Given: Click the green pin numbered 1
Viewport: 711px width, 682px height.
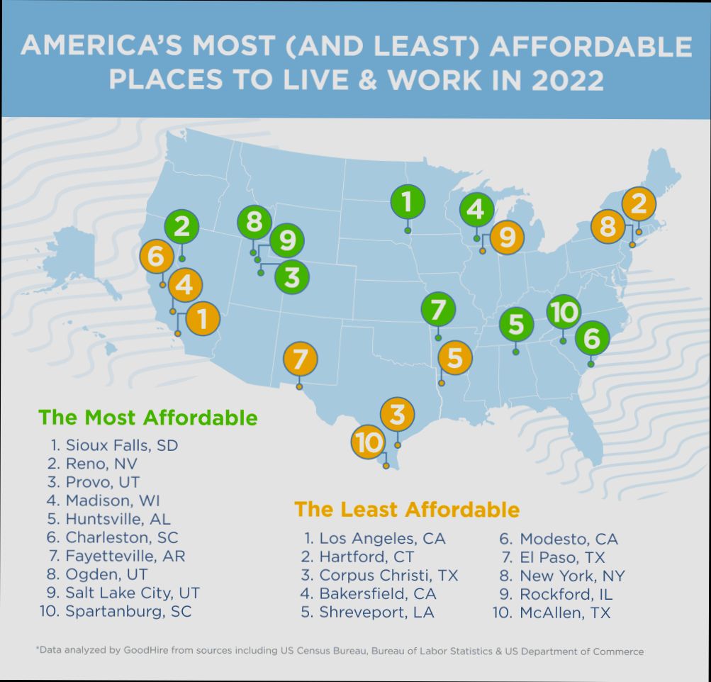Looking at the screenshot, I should coord(407,202).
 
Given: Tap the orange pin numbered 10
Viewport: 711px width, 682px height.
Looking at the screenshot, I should coord(369,444).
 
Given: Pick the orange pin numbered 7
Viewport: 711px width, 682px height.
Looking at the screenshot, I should coord(300,359).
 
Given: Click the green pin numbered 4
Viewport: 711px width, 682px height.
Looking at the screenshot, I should coord(476,210).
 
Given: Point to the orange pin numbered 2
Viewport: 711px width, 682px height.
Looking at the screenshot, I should coord(638,205).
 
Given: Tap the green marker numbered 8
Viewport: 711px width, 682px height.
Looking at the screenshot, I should coord(254,223).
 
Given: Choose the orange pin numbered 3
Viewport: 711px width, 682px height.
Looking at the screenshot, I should coord(398,414).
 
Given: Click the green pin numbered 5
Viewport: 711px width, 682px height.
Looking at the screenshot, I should coord(516,325).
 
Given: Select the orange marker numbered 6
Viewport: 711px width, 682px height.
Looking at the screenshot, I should coord(157,257).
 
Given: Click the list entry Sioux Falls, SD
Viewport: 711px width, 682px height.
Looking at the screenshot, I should coord(121,445).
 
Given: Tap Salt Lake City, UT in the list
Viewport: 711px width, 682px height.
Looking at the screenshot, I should coord(132,593).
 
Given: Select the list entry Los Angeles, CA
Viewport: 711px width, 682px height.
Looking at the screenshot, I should coord(382,539).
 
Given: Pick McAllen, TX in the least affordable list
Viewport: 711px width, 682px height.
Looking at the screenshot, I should coord(564,612).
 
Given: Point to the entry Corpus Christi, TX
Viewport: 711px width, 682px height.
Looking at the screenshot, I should coord(388,575).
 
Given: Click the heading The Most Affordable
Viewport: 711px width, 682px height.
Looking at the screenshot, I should coord(148,418).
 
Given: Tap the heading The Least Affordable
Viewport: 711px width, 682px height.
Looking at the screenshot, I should coord(407,510).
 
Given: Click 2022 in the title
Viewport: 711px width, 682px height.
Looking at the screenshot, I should coord(567,80).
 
